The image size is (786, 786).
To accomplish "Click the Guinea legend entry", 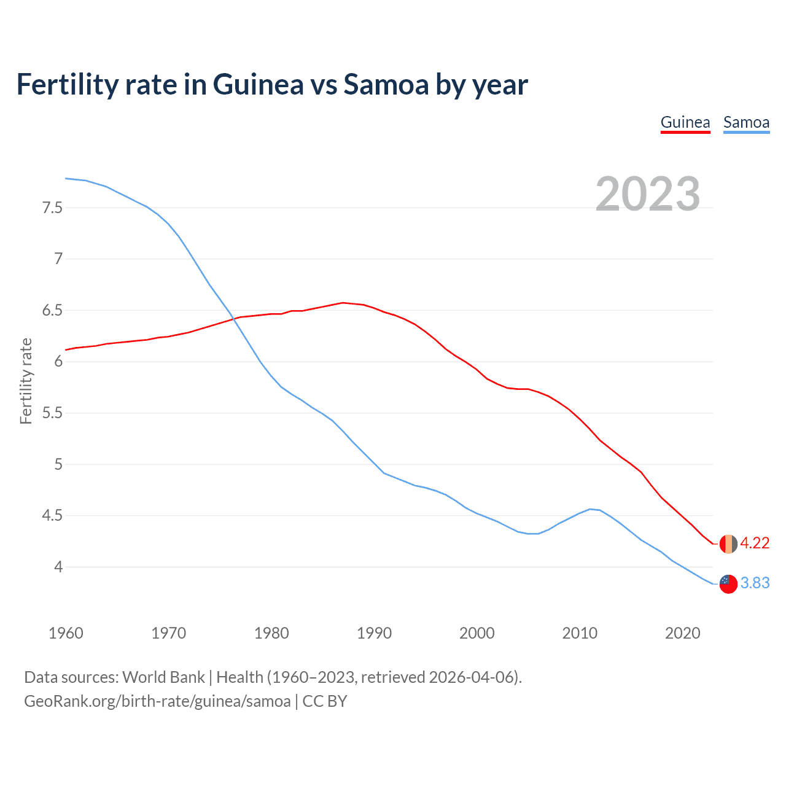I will point(685,122).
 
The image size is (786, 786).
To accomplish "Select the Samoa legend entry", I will point(746,122).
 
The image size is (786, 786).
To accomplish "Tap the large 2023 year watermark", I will point(648,194).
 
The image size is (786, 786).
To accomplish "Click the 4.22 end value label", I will point(755,543).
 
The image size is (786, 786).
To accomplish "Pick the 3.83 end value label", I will point(755,583).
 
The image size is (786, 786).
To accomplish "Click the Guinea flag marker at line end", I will point(728,544).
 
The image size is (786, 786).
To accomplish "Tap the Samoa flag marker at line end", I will point(728,584).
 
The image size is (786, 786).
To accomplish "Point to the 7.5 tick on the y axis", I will point(52,208).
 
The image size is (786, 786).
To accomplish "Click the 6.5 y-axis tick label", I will point(52,311).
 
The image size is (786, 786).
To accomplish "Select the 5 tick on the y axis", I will point(58,464).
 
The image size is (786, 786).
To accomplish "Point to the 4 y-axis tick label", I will point(58,567).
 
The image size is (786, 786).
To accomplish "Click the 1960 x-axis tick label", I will point(66,633).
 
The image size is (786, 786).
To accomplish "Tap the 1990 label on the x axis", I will point(374,633).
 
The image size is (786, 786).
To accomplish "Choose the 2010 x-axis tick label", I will point(580,633).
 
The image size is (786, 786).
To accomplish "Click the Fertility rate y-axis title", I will point(26,381).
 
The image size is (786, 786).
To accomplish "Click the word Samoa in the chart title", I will point(386,85).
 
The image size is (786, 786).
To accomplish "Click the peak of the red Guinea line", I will point(343,303).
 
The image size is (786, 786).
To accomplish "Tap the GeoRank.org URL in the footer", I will point(157,701).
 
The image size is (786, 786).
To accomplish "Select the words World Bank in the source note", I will point(163,677).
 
